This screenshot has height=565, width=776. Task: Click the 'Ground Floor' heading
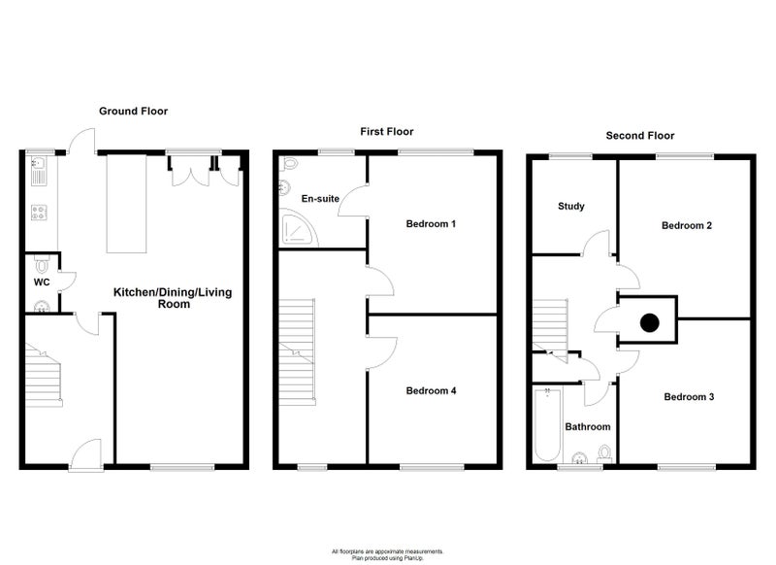click(133, 111)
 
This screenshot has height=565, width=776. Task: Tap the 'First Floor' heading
click(386, 132)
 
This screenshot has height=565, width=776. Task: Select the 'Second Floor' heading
click(640, 136)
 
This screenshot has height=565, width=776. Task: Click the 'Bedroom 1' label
click(431, 224)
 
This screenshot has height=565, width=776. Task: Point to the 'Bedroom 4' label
click(431, 390)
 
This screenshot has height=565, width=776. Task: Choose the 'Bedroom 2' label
click(687, 226)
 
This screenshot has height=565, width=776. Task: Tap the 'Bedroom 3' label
click(689, 397)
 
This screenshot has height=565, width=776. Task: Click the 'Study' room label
click(571, 206)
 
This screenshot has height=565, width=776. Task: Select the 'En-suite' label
click(320, 199)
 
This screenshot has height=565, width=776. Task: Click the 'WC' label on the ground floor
click(42, 282)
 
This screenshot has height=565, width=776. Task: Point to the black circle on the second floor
click(649, 323)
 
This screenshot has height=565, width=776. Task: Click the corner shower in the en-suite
click(299, 228)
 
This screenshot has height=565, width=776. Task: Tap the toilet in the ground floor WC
click(42, 264)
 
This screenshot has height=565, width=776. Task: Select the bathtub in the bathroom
click(548, 425)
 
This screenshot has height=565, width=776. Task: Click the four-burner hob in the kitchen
click(39, 213)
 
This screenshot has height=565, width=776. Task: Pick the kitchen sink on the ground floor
click(39, 171)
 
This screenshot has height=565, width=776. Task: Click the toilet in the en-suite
click(290, 163)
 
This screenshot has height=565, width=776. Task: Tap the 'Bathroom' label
click(588, 427)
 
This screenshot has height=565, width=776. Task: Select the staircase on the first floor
click(297, 352)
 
